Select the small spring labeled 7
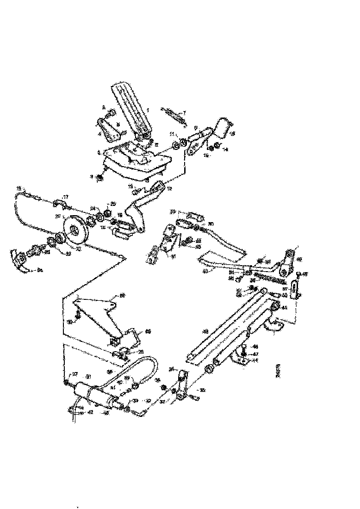[174, 115]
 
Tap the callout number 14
[225, 149]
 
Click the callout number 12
[169, 188]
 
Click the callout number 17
[65, 197]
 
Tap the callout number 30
[70, 322]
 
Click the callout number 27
[74, 375]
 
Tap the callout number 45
[284, 307]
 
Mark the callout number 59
[173, 212]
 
